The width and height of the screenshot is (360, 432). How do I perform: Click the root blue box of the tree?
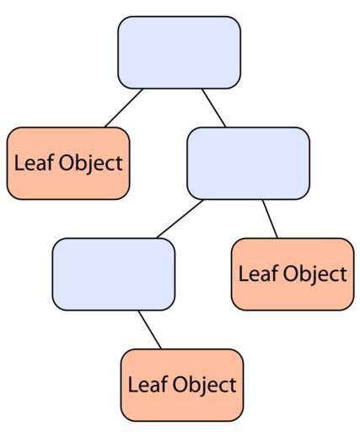(x=180, y=52)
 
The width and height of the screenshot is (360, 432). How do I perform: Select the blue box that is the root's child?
(x=249, y=164)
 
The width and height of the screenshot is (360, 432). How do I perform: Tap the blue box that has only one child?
(x=114, y=274)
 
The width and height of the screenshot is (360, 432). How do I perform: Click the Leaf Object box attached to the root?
(x=68, y=164)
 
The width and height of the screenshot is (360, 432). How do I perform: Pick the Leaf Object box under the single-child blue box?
(x=182, y=385)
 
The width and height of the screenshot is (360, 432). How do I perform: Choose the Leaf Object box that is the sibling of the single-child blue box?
(x=293, y=274)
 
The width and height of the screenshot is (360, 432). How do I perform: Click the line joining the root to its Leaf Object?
(x=124, y=108)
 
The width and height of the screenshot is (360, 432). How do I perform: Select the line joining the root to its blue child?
(x=213, y=108)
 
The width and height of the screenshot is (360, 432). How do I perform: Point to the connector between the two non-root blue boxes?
(x=180, y=219)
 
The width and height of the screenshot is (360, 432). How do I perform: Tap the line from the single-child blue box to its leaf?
(x=149, y=330)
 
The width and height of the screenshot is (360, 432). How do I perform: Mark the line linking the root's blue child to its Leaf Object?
(x=270, y=219)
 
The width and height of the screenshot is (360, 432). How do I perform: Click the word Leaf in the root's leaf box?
(x=34, y=162)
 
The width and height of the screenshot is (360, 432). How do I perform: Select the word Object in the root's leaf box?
(x=91, y=165)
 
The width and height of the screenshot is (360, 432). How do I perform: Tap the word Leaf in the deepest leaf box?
(x=148, y=384)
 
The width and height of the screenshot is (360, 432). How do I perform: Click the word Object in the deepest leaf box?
(x=205, y=386)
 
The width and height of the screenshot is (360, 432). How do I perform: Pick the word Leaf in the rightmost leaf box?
(x=258, y=273)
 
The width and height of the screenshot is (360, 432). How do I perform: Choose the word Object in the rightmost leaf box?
(x=315, y=275)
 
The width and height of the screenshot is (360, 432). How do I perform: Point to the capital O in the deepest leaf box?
(x=180, y=385)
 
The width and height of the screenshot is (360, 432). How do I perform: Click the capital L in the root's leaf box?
(x=19, y=162)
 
